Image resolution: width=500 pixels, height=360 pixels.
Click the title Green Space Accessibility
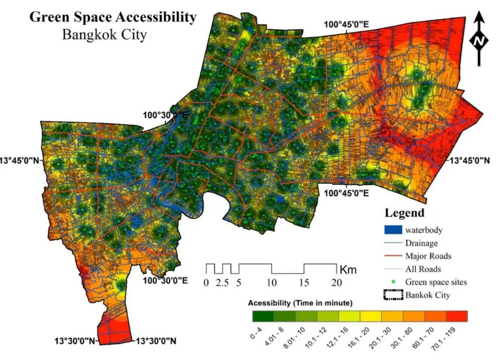pyautogui.click(x=113, y=17)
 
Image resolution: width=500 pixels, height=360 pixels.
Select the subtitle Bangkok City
pyautogui.click(x=104, y=35)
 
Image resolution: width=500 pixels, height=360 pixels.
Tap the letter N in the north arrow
pyautogui.click(x=479, y=42)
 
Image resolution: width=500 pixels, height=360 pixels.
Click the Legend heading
pyautogui.click(x=404, y=213)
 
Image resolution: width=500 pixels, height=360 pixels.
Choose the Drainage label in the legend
pyautogui.click(x=421, y=242)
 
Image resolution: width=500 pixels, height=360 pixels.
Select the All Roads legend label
pyautogui.click(x=423, y=269)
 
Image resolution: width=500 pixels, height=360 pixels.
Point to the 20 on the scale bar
pyautogui.click(x=335, y=282)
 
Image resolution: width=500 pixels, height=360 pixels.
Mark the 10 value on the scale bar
pyautogui.click(x=272, y=282)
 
